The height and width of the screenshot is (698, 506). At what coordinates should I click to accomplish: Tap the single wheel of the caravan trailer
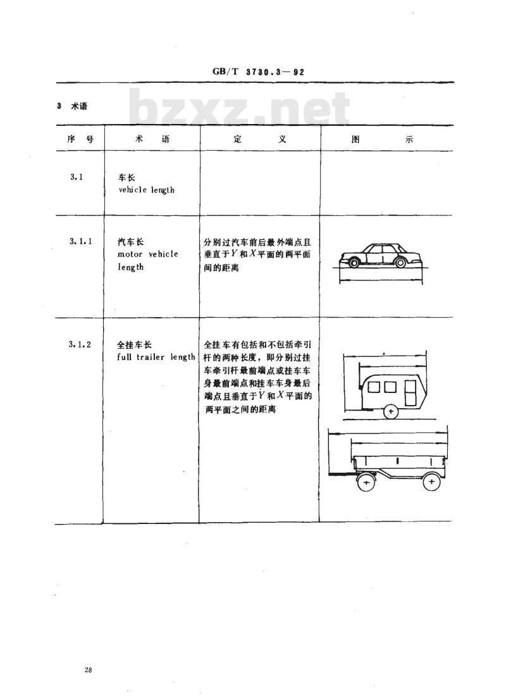click(x=390, y=412)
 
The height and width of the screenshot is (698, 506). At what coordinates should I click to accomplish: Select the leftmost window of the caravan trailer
click(x=373, y=388)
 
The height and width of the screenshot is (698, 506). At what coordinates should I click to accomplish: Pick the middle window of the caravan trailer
click(x=390, y=388)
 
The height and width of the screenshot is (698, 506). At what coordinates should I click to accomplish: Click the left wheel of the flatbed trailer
click(x=366, y=483)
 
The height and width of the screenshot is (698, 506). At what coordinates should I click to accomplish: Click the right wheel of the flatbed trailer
click(x=431, y=482)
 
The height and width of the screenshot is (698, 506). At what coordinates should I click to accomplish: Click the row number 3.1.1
click(x=80, y=241)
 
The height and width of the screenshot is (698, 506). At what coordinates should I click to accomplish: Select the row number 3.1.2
click(x=80, y=344)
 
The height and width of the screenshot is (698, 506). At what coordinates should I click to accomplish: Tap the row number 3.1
click(x=77, y=177)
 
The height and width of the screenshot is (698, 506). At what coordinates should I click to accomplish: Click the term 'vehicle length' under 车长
click(x=146, y=190)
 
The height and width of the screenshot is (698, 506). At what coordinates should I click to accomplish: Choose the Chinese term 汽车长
click(x=131, y=242)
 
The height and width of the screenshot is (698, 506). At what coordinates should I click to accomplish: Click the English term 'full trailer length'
click(x=156, y=357)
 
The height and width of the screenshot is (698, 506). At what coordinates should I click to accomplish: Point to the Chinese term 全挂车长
click(x=134, y=345)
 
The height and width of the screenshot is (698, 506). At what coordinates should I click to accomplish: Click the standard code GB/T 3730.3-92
click(x=258, y=72)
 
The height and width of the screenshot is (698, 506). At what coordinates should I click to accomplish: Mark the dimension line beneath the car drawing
click(x=381, y=280)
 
